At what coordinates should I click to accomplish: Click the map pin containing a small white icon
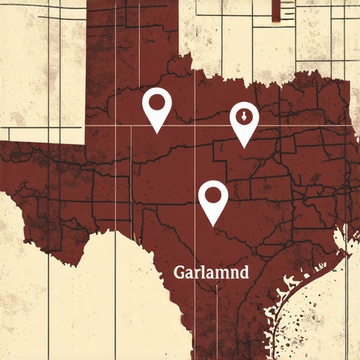(244, 120)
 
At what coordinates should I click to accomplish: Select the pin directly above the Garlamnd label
(213, 198)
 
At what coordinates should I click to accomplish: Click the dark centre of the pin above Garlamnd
(213, 193)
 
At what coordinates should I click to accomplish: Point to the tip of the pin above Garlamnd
(214, 225)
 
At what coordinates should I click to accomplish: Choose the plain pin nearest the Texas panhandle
(157, 105)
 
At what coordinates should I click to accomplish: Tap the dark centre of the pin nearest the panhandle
(157, 102)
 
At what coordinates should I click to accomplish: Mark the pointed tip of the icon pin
(244, 148)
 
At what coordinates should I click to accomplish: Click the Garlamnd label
(211, 273)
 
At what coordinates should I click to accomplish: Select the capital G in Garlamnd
(179, 273)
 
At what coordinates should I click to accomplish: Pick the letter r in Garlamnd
(197, 274)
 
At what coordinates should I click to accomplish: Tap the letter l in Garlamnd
(204, 272)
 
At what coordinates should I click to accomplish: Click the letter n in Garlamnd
(232, 274)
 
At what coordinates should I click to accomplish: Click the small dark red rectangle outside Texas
(286, 10)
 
